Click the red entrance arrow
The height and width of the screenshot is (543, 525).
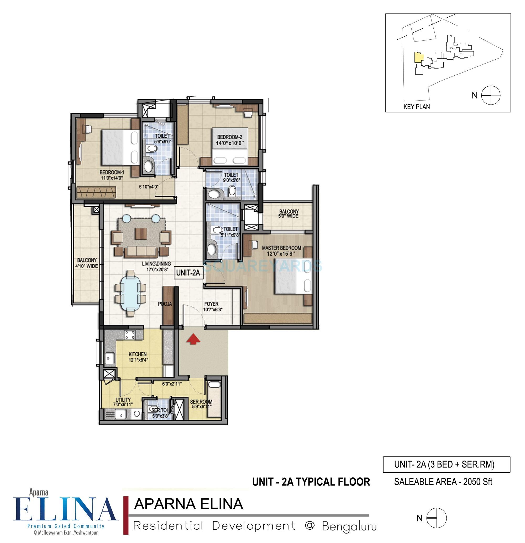[x=193, y=339]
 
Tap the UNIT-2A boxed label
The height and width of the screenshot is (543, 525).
[x=188, y=273]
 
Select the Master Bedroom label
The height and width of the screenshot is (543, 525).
[x=281, y=248]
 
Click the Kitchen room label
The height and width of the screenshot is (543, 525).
[x=137, y=354]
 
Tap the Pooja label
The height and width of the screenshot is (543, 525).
[x=165, y=304]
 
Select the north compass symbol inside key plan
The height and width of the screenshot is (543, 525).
[x=491, y=95]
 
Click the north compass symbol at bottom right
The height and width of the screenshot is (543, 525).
[x=436, y=518]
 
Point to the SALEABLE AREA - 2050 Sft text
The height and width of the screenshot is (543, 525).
[x=443, y=482]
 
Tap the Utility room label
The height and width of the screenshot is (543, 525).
[x=123, y=400]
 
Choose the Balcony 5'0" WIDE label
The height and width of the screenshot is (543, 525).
[x=288, y=213]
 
